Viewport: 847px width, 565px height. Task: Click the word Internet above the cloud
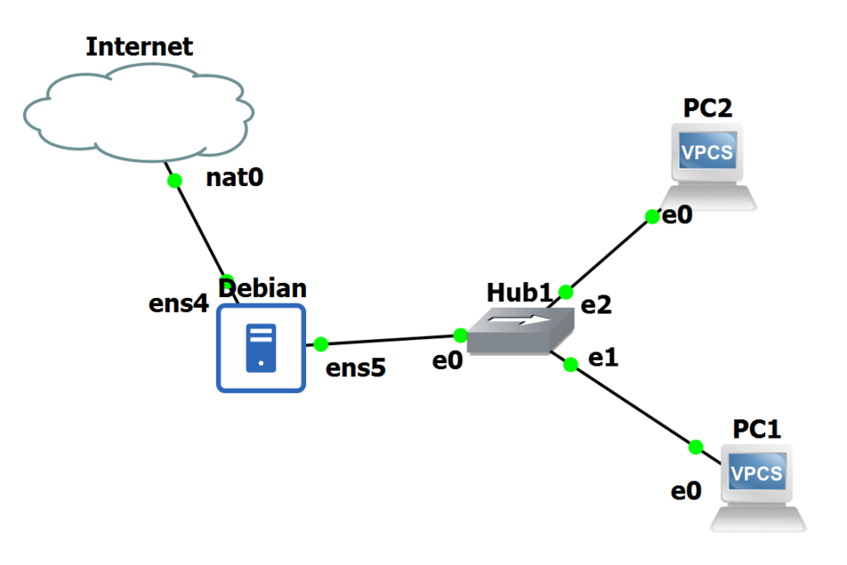coord(139,45)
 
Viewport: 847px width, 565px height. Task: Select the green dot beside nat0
coord(174,180)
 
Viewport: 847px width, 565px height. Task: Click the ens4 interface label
coord(178,304)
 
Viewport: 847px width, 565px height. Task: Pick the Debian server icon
coord(261,347)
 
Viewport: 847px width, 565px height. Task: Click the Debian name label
coord(262,288)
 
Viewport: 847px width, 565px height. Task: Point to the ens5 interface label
coord(356,368)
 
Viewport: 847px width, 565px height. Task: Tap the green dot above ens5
coord(321,343)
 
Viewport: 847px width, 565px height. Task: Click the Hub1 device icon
coord(519,330)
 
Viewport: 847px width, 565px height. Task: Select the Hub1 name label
coord(519,292)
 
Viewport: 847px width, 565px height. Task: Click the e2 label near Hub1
coord(596,305)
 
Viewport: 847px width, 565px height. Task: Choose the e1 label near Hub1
coord(603,357)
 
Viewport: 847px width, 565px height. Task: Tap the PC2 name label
coord(707,108)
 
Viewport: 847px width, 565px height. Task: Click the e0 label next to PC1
coord(686,491)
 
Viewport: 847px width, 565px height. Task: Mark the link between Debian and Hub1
coord(389,339)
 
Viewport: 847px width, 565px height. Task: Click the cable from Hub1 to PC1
coord(633,406)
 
